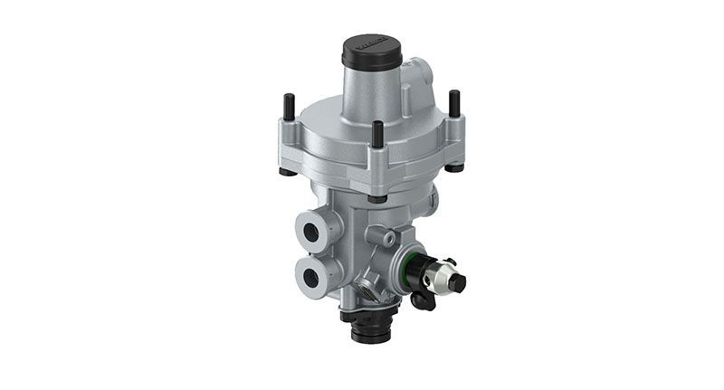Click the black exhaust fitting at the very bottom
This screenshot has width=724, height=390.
[371, 328]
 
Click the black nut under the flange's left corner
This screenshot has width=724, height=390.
[287, 171]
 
